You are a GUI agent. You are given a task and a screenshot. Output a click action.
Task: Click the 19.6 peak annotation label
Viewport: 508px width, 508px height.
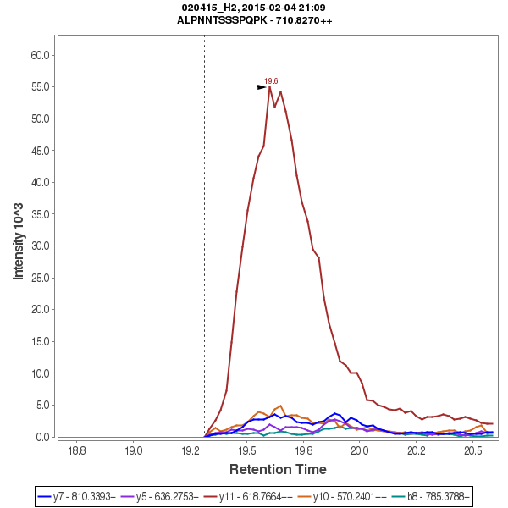271,81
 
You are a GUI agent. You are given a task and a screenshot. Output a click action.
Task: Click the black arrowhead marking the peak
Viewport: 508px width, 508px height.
262,87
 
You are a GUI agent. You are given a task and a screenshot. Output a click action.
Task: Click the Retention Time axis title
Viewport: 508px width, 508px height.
278,468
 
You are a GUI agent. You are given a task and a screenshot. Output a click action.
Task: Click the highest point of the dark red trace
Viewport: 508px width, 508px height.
269,86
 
